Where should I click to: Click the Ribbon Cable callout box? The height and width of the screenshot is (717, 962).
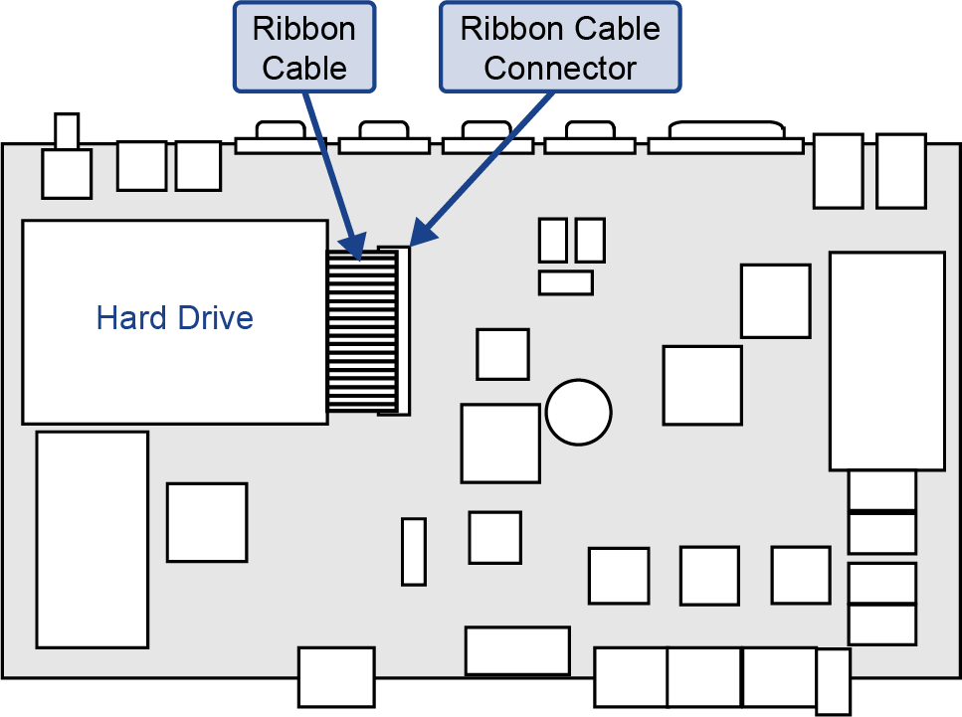[x=304, y=48]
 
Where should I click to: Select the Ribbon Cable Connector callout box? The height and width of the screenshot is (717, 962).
[x=560, y=48]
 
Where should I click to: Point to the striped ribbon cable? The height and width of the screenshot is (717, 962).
[x=361, y=333]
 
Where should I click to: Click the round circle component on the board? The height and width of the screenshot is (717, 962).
[x=578, y=411]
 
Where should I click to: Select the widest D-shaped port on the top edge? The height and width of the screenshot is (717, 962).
[x=725, y=139]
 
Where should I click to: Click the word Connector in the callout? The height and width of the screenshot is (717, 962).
[x=560, y=69]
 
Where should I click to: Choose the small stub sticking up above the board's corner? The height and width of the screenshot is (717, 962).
[x=67, y=130]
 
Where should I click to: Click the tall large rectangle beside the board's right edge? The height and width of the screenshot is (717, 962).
[x=886, y=361]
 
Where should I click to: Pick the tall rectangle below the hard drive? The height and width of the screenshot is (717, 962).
[x=92, y=539]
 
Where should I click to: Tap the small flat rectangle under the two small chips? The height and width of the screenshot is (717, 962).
[x=565, y=282]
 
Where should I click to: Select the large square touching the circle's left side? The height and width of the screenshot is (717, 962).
[x=500, y=444]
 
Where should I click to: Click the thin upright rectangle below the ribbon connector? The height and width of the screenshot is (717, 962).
[x=414, y=551]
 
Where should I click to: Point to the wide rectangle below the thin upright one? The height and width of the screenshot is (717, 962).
[x=517, y=650]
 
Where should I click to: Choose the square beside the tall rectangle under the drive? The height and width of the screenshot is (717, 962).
[x=207, y=522]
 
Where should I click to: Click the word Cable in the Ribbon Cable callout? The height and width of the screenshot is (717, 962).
[x=304, y=69]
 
